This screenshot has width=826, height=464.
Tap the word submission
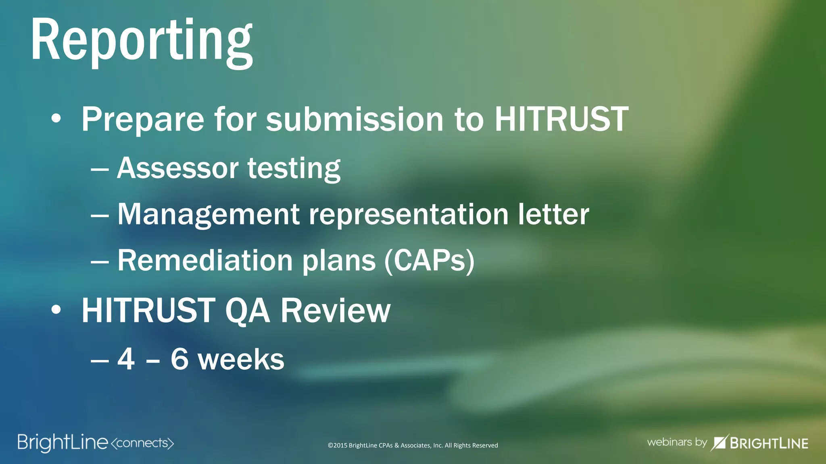coord(355,119)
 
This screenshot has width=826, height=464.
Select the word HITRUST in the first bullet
coord(561,119)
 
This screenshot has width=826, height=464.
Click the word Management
coord(208,214)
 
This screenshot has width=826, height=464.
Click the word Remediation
coord(205,261)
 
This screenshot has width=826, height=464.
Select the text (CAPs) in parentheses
coord(429,261)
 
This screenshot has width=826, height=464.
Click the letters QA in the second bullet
coord(247,311)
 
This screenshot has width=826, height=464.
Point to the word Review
coord(336,311)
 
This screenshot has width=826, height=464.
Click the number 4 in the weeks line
coord(126,359)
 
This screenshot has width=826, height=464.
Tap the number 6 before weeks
coord(179,359)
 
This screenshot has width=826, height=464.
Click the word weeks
coord(241,360)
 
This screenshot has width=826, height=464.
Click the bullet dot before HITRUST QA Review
coord(56,310)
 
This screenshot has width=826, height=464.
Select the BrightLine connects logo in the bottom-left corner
coord(96,443)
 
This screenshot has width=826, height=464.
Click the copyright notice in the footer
coord(413,445)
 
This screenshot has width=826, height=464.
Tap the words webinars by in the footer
coord(677,442)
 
